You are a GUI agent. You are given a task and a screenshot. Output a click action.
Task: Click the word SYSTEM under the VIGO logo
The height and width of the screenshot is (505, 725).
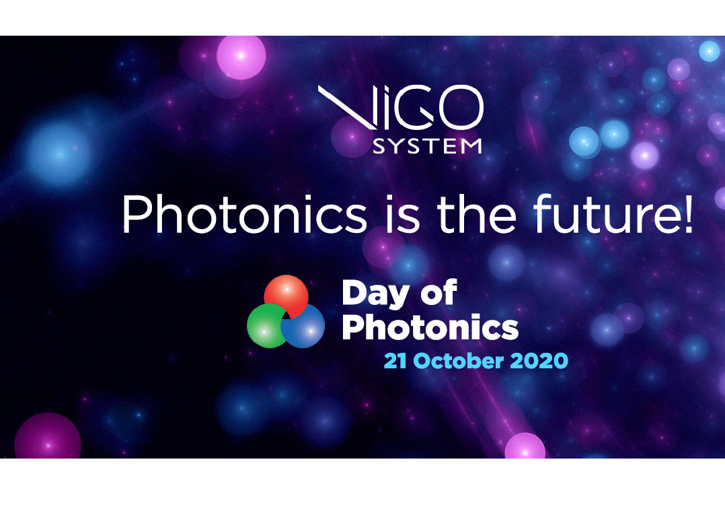pyautogui.click(x=427, y=146)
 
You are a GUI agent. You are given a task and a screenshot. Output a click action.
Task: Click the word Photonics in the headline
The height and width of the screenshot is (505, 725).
pyautogui.click(x=245, y=214)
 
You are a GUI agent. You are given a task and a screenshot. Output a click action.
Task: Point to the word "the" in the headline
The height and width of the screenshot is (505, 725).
pyautogui.click(x=476, y=213)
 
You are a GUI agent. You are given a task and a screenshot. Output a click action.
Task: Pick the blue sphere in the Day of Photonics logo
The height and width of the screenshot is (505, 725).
pyautogui.click(x=304, y=327)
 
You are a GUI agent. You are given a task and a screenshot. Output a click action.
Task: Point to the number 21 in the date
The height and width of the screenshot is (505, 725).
pyautogui.click(x=395, y=361)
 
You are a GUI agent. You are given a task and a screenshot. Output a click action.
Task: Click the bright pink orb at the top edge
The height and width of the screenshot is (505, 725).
pyautogui.click(x=241, y=57)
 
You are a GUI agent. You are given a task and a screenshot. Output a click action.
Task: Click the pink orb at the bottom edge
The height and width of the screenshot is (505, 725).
pyautogui.click(x=525, y=446)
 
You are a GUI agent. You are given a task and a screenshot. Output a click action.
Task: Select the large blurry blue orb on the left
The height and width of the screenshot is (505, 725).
pyautogui.click(x=59, y=154)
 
